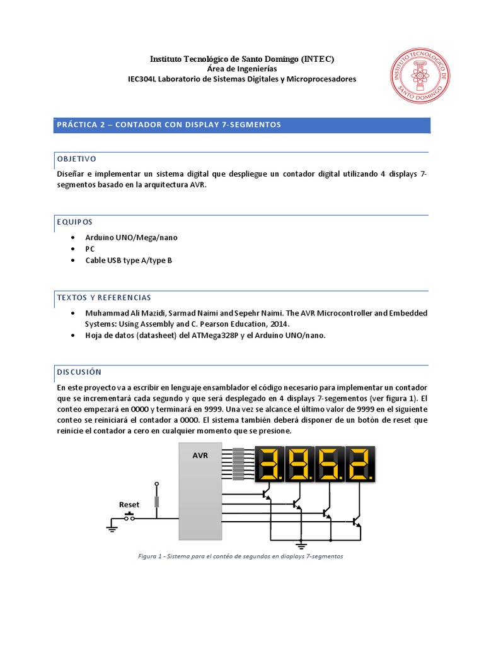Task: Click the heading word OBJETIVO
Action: click(76, 158)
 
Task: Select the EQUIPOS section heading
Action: click(74, 222)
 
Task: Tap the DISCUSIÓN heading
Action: click(79, 372)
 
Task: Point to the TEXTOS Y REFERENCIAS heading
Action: click(103, 297)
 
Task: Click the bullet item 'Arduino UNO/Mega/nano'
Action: click(132, 237)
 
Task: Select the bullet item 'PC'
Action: click(90, 249)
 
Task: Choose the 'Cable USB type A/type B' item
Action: click(129, 260)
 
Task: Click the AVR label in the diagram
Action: click(200, 455)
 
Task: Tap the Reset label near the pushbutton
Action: click(129, 505)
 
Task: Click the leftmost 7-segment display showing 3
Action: click(270, 464)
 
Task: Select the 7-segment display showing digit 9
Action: click(299, 464)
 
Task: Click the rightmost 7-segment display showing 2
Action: click(359, 464)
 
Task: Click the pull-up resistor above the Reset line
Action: click(157, 502)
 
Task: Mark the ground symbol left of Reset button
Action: click(112, 527)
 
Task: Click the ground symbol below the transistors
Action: click(301, 544)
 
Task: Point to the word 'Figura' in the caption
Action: click(148, 557)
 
